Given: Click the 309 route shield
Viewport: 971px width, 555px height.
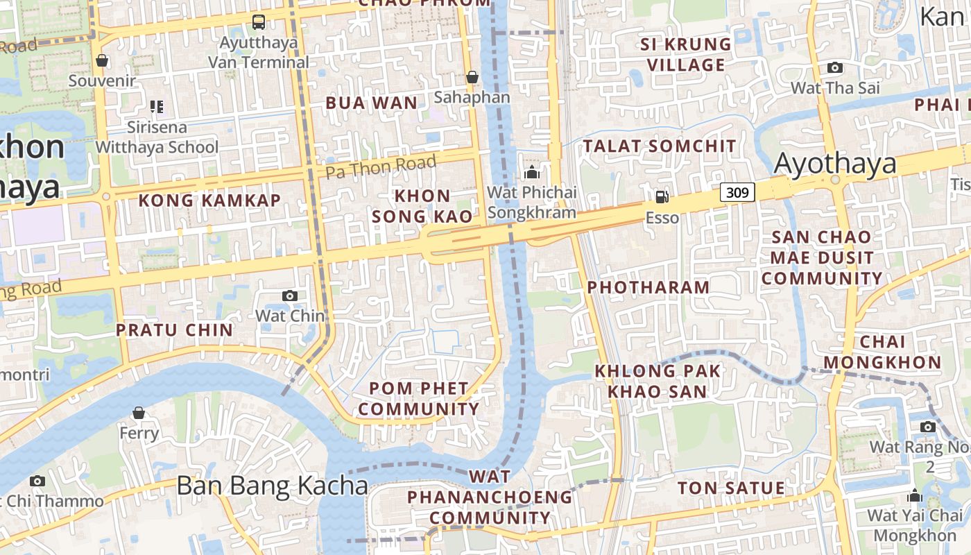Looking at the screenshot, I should tap(737, 191).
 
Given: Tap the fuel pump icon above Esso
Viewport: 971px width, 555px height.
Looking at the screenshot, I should tap(662, 196).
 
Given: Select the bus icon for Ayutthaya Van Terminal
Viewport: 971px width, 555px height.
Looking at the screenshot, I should tap(259, 22).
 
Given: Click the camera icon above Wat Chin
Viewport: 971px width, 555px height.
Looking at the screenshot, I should tap(290, 296).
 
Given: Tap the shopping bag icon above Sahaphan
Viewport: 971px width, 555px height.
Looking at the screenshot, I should tap(472, 76).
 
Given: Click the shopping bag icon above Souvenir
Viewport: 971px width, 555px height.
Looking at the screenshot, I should tap(102, 60).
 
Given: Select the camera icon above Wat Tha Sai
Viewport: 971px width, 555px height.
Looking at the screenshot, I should tap(835, 67).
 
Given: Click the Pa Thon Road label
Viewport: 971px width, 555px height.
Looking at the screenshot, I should tap(381, 166).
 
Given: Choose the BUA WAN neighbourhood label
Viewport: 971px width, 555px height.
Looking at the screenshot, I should tap(372, 103).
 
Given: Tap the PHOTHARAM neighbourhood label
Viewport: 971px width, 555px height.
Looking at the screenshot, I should tap(648, 287).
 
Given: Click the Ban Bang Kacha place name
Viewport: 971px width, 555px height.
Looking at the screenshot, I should tap(272, 486).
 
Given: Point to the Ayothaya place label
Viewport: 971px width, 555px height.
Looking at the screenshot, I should tap(835, 164).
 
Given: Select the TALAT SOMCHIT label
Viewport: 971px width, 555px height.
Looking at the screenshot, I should tap(659, 146).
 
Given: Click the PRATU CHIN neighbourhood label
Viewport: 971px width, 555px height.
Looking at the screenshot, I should tap(174, 330).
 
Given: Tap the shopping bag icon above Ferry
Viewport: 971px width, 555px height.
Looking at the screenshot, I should tap(139, 413).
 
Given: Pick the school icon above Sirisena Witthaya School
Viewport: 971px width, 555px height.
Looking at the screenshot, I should tap(157, 107).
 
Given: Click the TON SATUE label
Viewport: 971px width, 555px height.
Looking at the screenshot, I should tap(731, 488).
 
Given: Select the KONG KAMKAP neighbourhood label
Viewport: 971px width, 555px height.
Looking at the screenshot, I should tap(209, 200).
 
